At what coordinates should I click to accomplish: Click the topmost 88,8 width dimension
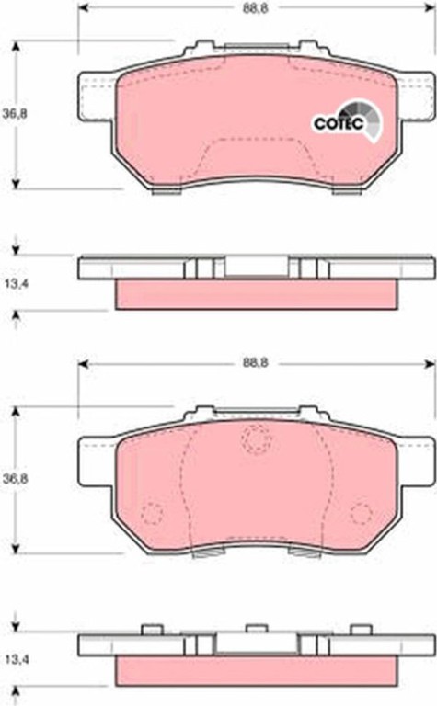pos(256,8)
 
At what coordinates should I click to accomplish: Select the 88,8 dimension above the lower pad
pos(256,362)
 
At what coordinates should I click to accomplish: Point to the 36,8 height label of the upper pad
pos(15,114)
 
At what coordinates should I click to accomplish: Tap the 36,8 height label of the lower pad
pos(15,479)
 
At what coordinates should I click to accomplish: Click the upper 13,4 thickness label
pos(16,284)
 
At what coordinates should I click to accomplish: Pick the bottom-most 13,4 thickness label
pos(16,660)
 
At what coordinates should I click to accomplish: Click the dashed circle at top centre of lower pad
pos(256,439)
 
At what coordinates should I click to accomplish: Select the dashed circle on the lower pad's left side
pos(152,513)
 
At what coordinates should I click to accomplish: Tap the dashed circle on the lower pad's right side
pos(361,513)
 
